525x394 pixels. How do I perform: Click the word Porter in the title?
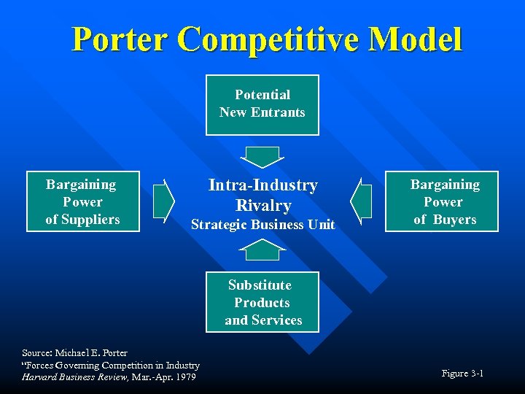[119, 40]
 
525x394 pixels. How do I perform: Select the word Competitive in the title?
[268, 40]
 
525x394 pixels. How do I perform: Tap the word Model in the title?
[416, 40]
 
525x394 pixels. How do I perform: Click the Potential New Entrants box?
[262, 104]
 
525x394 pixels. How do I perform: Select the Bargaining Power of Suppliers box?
[82, 201]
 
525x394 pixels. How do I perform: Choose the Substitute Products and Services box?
[262, 302]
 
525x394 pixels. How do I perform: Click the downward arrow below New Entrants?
[261, 156]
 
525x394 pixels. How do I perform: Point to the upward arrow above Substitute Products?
[261, 250]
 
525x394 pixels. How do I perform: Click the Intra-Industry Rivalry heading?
[262, 195]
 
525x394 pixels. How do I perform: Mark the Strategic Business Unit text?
[262, 225]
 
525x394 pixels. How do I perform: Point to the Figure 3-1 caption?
[462, 374]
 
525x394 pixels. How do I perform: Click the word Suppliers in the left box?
[82, 219]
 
